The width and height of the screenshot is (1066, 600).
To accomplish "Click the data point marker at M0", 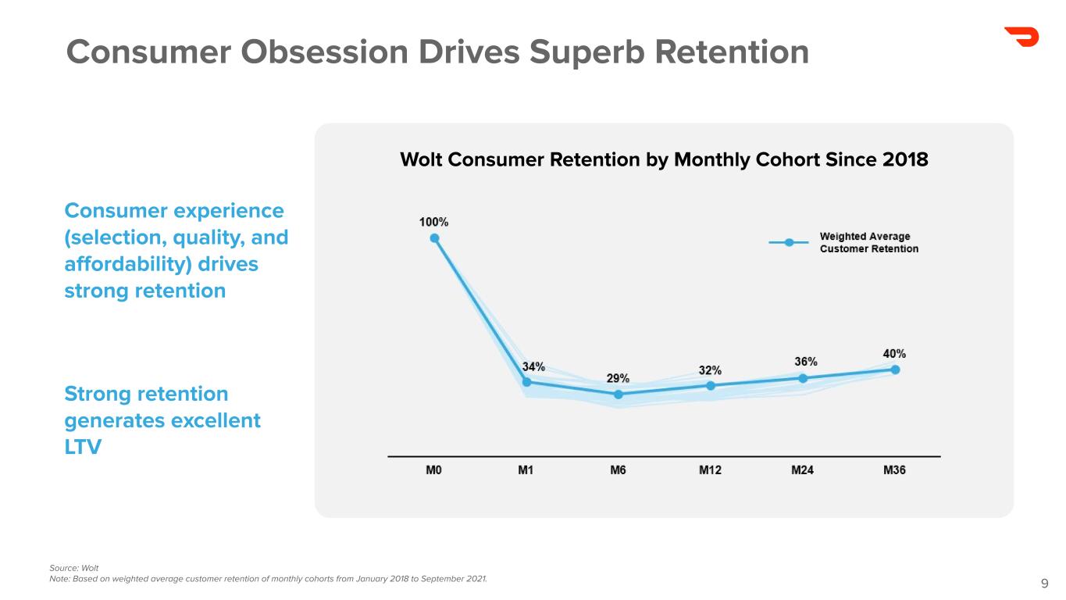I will (x=434, y=238).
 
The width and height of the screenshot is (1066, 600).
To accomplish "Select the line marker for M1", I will (x=526, y=382).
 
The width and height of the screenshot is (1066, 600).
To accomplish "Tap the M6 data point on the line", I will (x=619, y=395).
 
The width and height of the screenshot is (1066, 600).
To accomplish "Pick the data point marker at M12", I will (x=711, y=385).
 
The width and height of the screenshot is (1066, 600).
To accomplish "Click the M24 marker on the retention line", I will (x=803, y=378).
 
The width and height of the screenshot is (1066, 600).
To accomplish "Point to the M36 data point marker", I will (x=895, y=370).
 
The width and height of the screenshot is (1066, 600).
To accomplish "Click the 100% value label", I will (x=434, y=222).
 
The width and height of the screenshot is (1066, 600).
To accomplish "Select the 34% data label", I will (x=533, y=366).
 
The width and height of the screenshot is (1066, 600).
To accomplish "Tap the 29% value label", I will (x=619, y=378).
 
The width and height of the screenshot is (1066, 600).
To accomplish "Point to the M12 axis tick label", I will (x=711, y=470).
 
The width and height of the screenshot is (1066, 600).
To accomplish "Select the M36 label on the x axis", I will (x=894, y=470).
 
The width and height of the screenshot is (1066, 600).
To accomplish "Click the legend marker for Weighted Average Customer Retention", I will (x=790, y=242).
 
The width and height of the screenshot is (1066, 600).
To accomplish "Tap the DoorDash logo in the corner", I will (x=1021, y=37).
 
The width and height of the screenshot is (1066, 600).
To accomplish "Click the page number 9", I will (x=1045, y=583).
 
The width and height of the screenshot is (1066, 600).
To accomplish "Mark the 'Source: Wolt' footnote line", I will (x=74, y=567).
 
